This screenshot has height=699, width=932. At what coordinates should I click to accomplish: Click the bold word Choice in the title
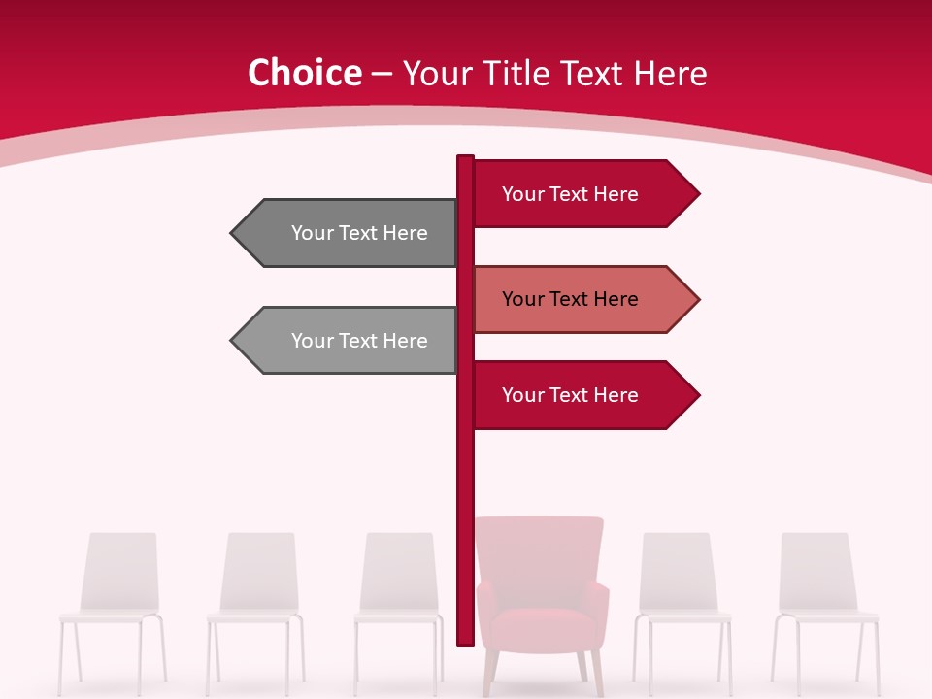click(304, 73)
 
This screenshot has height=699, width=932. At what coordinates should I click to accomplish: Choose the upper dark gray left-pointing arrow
click(349, 233)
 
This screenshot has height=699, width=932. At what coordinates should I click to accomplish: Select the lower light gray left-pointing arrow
click(349, 340)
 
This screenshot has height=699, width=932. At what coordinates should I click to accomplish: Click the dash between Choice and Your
click(382, 75)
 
